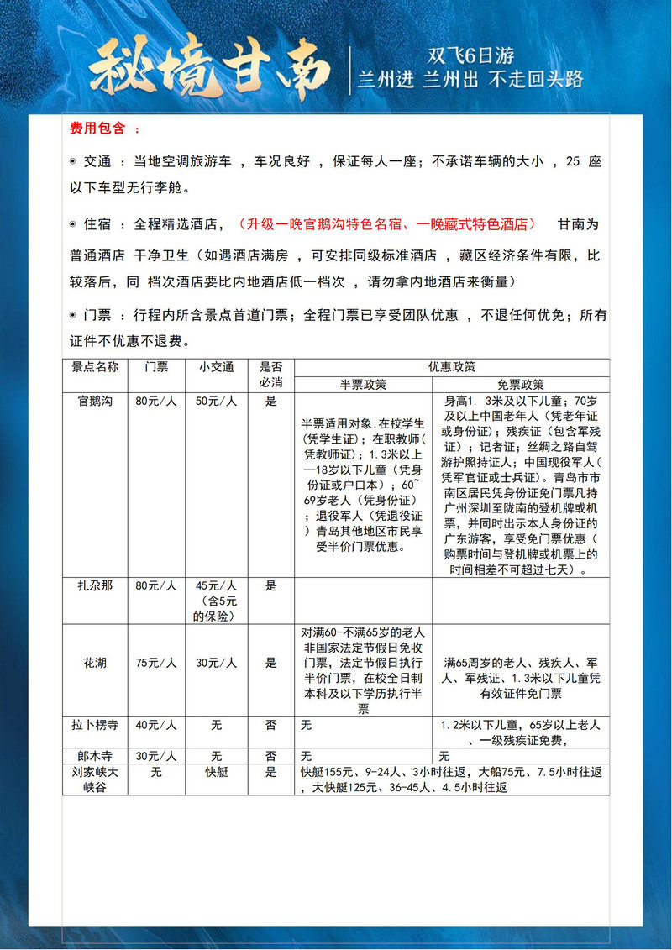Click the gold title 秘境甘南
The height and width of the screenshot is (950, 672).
pyautogui.click(x=210, y=67)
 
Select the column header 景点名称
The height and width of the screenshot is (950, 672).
pyautogui.click(x=95, y=367)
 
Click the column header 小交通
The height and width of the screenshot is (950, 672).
pyautogui.click(x=216, y=367)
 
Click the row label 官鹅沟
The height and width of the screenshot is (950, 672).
pyautogui.click(x=95, y=402)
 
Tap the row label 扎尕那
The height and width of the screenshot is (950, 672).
pyautogui.click(x=95, y=585)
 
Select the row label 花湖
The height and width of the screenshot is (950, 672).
pyautogui.click(x=95, y=663)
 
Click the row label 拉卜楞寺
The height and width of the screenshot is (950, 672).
pyautogui.click(x=95, y=724)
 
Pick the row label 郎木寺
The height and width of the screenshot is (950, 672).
pyautogui.click(x=95, y=755)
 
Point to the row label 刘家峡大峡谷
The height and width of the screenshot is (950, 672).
pyautogui.click(x=95, y=778)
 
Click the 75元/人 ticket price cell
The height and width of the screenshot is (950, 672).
pyautogui.click(x=155, y=663)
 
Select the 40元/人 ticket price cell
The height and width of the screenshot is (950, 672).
pyautogui.click(x=155, y=724)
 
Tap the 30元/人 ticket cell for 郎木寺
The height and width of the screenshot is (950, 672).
pyautogui.click(x=155, y=755)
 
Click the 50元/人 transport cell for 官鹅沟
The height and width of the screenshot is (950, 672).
pyautogui.click(x=216, y=402)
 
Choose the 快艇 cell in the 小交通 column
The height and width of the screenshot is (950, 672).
pyautogui.click(x=216, y=771)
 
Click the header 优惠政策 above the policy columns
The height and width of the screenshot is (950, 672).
pyautogui.click(x=452, y=367)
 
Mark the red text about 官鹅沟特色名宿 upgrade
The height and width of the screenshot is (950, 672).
pyautogui.click(x=387, y=224)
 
